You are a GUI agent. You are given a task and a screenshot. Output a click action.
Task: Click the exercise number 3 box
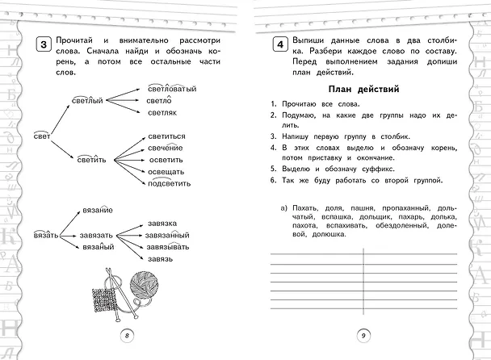click(x=44, y=44)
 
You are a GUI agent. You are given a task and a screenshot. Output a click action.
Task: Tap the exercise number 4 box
click(x=280, y=44)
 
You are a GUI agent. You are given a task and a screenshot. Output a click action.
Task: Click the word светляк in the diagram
click(x=162, y=113)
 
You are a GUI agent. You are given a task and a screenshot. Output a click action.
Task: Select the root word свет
click(x=42, y=136)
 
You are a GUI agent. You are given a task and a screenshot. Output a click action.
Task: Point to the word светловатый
click(x=172, y=89)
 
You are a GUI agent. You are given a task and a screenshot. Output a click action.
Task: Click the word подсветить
click(x=169, y=182)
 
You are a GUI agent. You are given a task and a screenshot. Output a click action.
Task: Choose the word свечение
click(x=165, y=148)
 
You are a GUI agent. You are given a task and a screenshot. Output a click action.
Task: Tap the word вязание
click(x=98, y=210)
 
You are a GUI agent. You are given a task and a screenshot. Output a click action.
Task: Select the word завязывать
click(x=168, y=247)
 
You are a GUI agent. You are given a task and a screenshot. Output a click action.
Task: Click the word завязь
click(x=161, y=259)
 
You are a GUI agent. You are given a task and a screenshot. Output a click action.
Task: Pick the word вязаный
click(x=99, y=247)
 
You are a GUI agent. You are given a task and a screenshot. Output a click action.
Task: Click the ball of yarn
click(x=144, y=284)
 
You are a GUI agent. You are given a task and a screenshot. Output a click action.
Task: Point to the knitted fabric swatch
click(x=105, y=299)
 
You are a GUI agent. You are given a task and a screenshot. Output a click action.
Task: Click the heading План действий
click(x=364, y=90)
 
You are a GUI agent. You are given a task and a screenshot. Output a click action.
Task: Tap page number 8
click(x=127, y=336)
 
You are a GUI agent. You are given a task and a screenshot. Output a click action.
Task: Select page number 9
click(x=363, y=336)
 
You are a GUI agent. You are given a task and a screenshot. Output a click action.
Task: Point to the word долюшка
click(x=329, y=234)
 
